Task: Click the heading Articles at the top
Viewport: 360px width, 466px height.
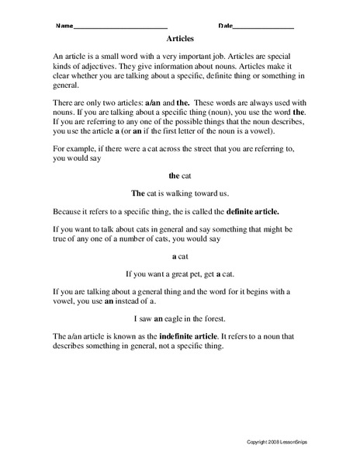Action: tap(180, 37)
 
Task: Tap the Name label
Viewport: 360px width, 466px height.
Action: tap(64, 26)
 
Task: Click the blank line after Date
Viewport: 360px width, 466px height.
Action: tap(263, 26)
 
